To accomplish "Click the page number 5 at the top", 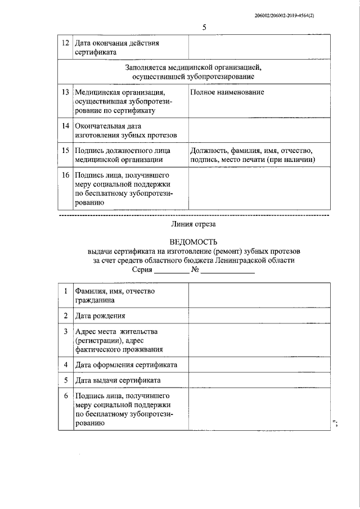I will (205, 28).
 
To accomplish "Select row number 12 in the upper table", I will (65, 43).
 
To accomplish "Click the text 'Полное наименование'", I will (227, 92).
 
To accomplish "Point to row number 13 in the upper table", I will (65, 92).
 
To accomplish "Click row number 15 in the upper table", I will (65, 151).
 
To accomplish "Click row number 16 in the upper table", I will (65, 175).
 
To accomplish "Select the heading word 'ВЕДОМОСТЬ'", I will (193, 242).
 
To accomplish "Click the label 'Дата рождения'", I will (101, 316).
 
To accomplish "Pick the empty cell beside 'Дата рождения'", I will (259, 316).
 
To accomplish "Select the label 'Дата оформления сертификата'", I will (127, 365).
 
